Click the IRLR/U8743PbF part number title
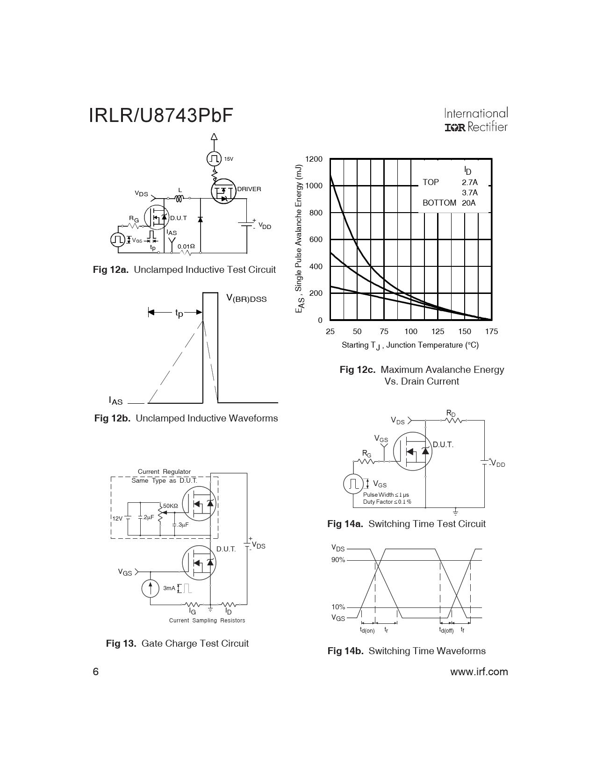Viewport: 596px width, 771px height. click(161, 115)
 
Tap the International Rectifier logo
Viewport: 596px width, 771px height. click(476, 120)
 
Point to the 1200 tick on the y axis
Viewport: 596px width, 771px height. click(314, 159)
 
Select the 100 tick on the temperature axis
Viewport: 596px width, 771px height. click(411, 331)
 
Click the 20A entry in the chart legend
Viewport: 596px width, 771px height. click(468, 203)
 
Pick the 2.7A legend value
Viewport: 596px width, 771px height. click(470, 182)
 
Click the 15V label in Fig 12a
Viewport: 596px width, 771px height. click(229, 159)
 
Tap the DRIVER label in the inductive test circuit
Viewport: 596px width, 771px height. click(249, 189)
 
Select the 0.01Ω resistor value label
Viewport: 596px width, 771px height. click(186, 246)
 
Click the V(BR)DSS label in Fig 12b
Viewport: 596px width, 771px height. click(246, 299)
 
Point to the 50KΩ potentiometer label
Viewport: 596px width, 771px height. click(171, 506)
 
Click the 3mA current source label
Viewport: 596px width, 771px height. click(169, 588)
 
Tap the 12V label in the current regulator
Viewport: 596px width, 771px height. click(117, 518)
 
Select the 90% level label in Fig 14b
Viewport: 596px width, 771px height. click(338, 560)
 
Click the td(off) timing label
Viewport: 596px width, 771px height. click(446, 630)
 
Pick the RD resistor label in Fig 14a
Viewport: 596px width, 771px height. click(451, 414)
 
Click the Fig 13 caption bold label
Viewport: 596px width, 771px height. click(121, 643)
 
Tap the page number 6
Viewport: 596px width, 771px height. click(95, 671)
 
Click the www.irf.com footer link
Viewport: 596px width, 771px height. click(479, 671)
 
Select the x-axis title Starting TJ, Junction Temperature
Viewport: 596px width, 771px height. click(410, 345)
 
